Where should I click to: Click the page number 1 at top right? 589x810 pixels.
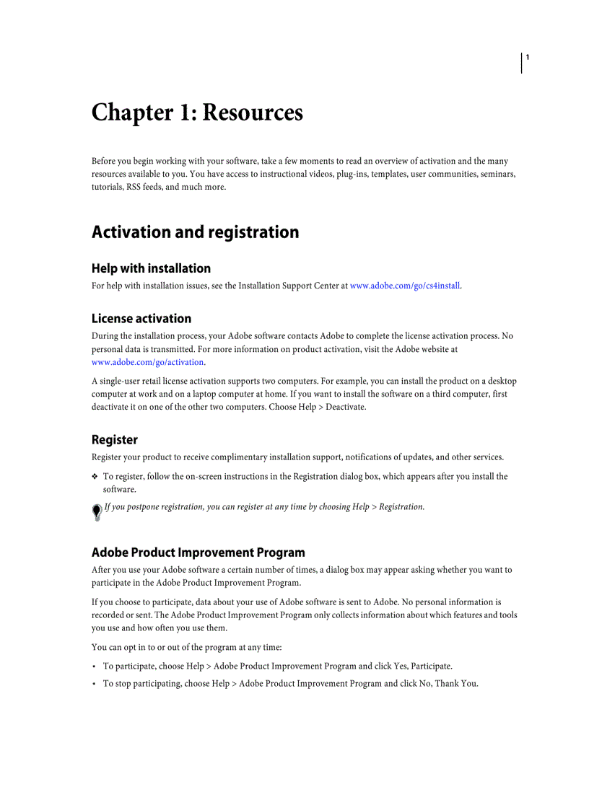click(x=528, y=57)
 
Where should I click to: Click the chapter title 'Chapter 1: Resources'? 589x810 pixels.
click(x=197, y=113)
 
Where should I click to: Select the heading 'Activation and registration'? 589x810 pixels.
click(x=195, y=232)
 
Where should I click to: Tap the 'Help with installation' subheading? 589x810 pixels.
click(x=151, y=268)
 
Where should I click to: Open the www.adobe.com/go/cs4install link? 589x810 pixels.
click(x=405, y=286)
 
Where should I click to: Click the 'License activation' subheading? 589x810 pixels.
click(x=141, y=319)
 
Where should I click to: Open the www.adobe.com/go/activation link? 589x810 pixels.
click(x=148, y=363)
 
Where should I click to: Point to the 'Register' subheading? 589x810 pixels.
click(x=114, y=440)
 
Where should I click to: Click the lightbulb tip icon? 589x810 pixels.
click(x=97, y=511)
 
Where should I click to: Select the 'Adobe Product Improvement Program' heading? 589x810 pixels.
click(x=198, y=553)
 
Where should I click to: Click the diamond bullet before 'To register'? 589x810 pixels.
click(x=95, y=477)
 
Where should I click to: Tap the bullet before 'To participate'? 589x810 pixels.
click(x=95, y=666)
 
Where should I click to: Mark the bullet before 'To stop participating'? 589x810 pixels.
click(x=95, y=684)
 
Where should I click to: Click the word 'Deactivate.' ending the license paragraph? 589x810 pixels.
click(x=346, y=408)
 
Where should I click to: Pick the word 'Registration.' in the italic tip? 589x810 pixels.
click(x=401, y=507)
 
